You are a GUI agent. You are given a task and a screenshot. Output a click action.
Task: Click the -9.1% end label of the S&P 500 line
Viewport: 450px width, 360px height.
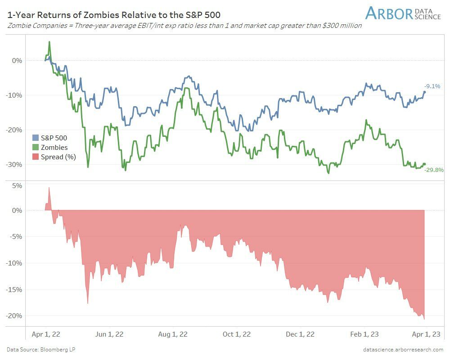pyautogui.click(x=432, y=86)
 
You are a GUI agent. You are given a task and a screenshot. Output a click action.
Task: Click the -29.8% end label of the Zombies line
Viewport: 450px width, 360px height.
pyautogui.click(x=434, y=170)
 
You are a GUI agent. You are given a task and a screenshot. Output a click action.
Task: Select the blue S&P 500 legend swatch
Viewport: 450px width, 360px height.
pyautogui.click(x=36, y=138)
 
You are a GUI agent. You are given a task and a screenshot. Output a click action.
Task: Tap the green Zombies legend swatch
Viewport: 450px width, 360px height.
pyautogui.click(x=36, y=147)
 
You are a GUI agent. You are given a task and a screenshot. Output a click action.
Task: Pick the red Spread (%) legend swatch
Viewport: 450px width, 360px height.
pyautogui.click(x=36, y=157)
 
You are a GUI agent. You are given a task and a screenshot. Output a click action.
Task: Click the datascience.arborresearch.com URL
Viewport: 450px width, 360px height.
pyautogui.click(x=403, y=349)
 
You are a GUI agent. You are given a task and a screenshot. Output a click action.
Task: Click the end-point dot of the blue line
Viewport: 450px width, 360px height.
pyautogui.click(x=424, y=92)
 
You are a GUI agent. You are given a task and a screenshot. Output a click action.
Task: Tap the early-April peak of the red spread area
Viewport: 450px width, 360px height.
pyautogui.click(x=49, y=188)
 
